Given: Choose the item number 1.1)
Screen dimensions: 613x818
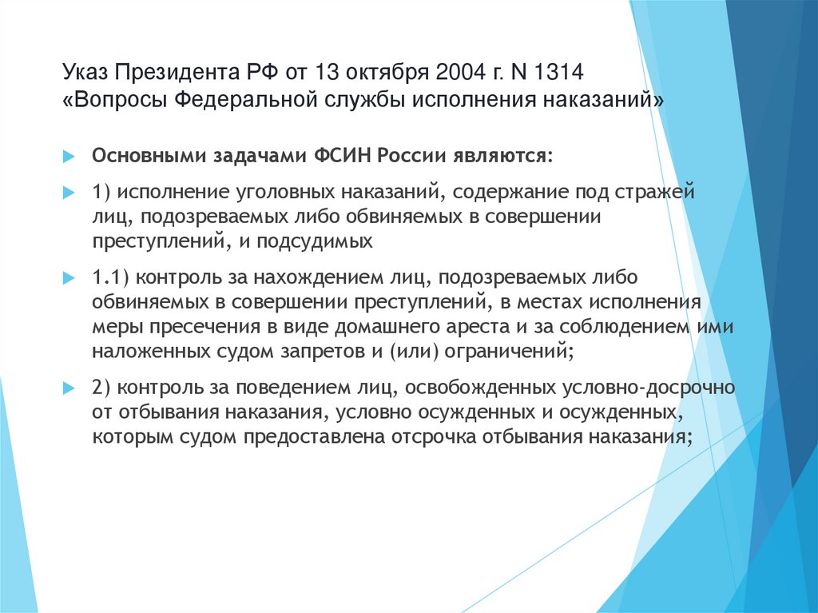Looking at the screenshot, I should [111, 280].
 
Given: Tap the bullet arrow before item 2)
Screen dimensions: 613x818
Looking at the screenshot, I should [69, 390].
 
